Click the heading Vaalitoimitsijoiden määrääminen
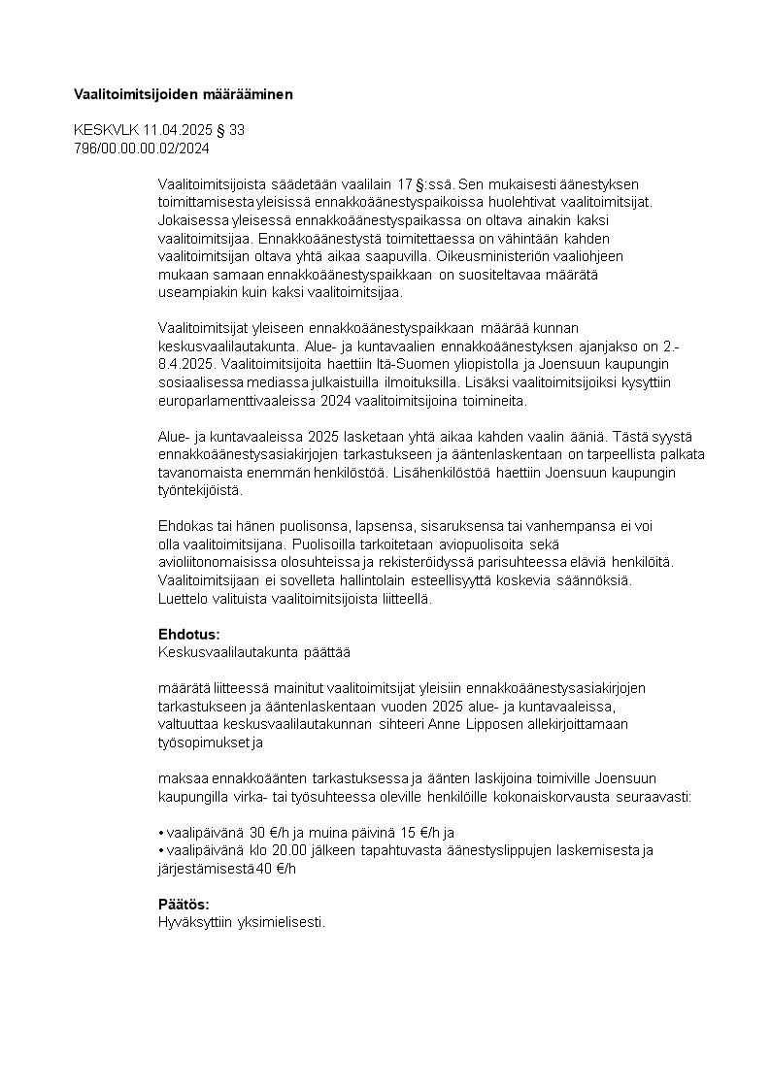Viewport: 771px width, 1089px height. point(183,94)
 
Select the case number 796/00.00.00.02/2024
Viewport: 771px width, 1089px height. point(142,148)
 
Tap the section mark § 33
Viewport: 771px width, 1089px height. point(231,129)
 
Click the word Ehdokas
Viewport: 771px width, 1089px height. point(183,525)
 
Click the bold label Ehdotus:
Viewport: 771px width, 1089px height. point(183,634)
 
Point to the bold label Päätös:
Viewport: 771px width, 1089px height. point(184,904)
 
